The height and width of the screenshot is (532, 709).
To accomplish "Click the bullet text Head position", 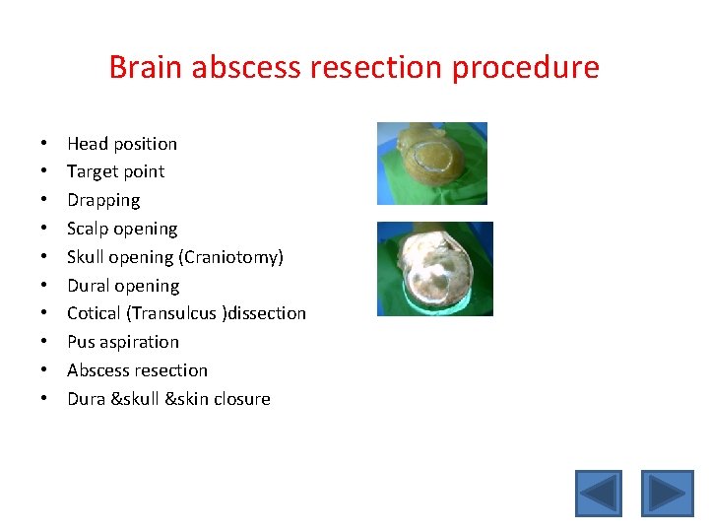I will (122, 144).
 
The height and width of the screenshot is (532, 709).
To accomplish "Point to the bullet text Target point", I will (115, 171).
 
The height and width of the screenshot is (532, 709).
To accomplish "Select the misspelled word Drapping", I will (103, 200).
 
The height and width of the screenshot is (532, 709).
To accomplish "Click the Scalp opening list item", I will (122, 229).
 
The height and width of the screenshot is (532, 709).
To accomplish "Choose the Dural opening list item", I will (123, 286).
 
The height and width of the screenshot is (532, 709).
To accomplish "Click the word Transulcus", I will (177, 313).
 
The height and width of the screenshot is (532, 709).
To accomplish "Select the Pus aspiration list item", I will (123, 342).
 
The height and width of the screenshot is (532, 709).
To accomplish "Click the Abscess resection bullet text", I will (137, 370).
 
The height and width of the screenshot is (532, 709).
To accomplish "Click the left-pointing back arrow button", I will (599, 494).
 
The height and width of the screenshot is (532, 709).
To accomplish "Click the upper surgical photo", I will (432, 163).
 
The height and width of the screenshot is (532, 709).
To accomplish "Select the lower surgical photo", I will (434, 268).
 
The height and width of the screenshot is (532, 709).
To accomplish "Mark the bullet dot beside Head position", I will (45, 144).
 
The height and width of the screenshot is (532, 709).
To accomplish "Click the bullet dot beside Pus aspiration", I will (45, 343).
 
